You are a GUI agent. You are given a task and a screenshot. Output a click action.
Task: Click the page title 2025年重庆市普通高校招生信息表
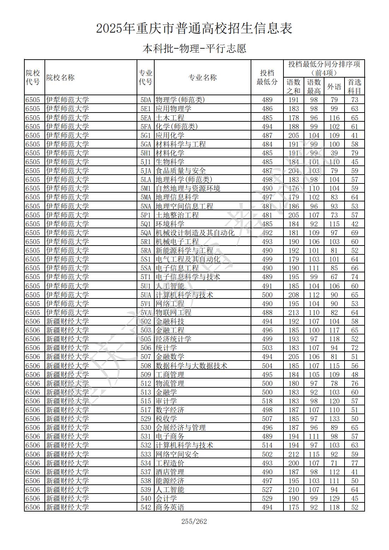194,28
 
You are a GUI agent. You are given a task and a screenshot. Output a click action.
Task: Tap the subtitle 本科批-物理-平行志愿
194,48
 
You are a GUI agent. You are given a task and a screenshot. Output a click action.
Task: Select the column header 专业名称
202,78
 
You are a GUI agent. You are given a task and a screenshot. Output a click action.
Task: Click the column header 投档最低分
267,78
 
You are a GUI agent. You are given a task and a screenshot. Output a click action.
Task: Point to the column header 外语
334,86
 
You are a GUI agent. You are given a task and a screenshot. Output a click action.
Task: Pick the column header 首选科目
354,86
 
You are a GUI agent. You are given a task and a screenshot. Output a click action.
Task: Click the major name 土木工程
170,118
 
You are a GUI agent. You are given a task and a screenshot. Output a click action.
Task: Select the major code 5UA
145,295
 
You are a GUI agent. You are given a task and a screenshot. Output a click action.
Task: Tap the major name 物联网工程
173,313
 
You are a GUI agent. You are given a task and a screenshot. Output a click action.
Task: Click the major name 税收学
166,419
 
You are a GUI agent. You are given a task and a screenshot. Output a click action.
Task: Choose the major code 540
145,498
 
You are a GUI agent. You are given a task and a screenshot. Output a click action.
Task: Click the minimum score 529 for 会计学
267,498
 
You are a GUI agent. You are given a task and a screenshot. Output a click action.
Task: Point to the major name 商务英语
170,507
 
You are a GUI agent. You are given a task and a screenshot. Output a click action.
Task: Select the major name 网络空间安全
177,454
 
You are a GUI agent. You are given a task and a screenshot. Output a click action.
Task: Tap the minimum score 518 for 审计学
267,401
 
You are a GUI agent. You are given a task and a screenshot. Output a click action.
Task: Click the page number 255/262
194,521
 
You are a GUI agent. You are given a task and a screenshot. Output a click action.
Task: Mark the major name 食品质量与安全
180,171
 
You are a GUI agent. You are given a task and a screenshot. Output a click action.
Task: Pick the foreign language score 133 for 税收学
334,419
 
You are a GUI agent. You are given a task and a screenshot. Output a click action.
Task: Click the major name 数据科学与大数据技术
191,366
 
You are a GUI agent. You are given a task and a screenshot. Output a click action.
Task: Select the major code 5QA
145,233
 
